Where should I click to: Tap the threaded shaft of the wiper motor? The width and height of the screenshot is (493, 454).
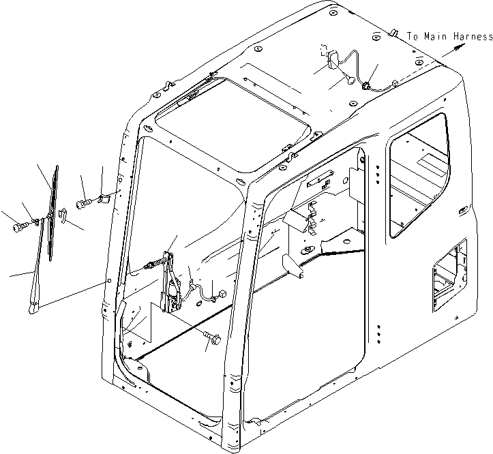click(x=153, y=266)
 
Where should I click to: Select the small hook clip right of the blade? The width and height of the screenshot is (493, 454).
click(x=63, y=217)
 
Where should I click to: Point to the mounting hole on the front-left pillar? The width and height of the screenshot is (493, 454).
click(x=106, y=282)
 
